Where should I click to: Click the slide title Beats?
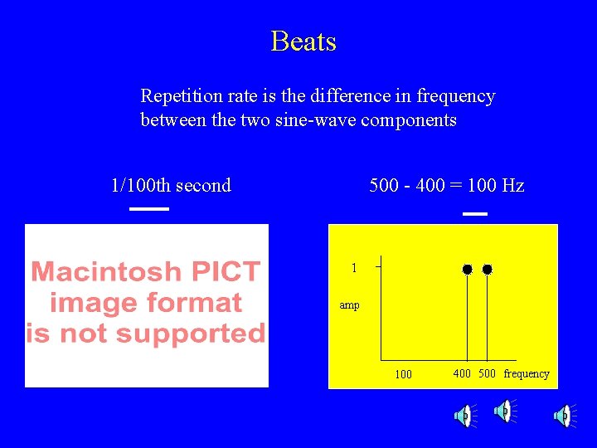click(303, 41)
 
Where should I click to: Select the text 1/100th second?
click(171, 185)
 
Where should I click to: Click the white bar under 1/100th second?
click(149, 209)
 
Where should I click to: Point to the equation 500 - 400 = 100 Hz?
click(446, 185)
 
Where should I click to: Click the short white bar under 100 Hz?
click(475, 214)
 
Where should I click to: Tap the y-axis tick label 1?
click(354, 268)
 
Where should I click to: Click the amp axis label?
click(350, 305)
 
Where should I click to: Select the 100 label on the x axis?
click(403, 374)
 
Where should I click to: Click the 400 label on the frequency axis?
click(462, 373)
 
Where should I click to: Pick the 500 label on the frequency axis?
click(487, 373)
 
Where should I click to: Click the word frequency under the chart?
click(527, 373)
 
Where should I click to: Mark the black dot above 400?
click(468, 270)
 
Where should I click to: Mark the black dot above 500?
click(488, 270)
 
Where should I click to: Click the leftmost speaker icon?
click(464, 416)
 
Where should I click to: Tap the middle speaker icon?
click(503, 411)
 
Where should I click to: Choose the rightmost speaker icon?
click(563, 416)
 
